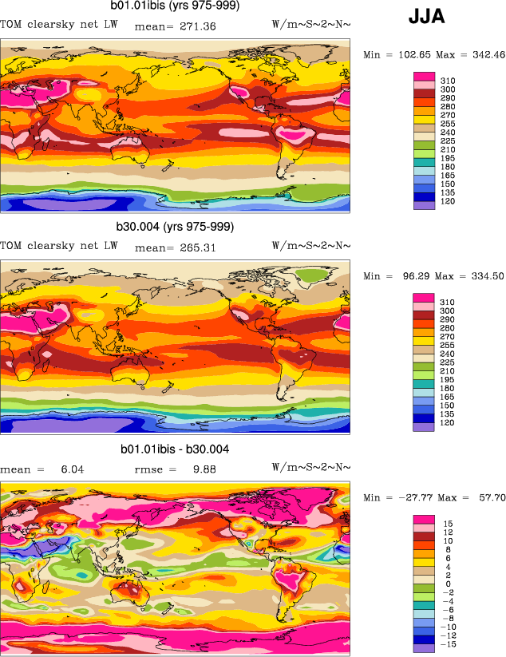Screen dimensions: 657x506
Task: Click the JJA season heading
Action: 427,16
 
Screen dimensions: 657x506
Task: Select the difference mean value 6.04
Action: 73,469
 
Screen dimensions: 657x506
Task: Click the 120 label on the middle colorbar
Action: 448,426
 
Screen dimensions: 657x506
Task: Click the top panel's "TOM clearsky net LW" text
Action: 59,26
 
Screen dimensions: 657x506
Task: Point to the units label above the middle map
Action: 311,247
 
